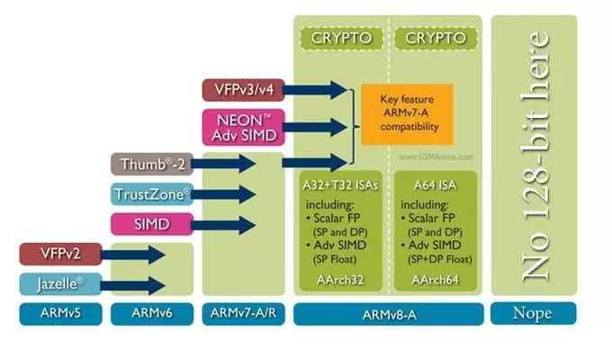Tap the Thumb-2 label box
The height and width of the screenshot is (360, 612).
point(148,164)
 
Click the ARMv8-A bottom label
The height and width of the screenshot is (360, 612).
point(388,313)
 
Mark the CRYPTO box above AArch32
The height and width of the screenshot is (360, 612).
point(341,39)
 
